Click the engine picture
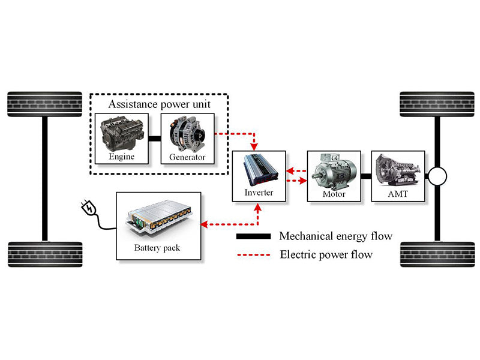[122, 134]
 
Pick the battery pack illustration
[158, 218]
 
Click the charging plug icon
[88, 209]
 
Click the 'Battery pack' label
[158, 247]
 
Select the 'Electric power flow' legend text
[326, 254]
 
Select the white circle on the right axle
[437, 177]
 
